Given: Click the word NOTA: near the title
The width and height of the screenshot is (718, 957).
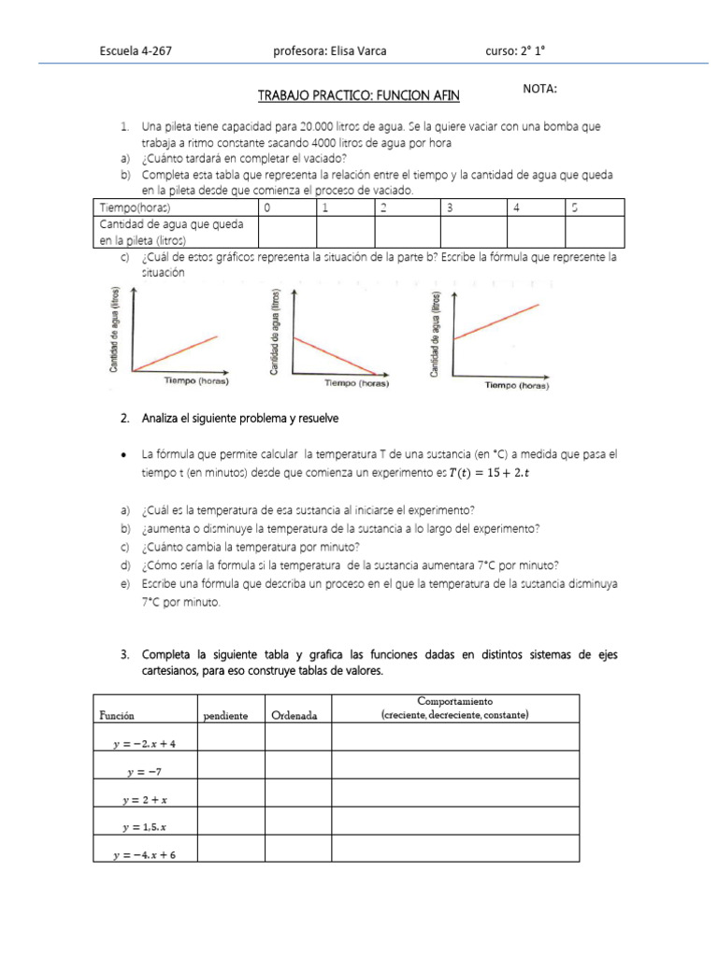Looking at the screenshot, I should point(540,89).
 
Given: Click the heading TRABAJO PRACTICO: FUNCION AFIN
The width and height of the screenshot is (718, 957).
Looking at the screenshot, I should point(359,95).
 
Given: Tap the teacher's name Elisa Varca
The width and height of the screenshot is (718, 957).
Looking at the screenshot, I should point(329,52).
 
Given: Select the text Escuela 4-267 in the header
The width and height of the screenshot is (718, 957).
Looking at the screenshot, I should point(135,52).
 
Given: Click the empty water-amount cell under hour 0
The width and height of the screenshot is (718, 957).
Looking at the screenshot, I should point(286,232).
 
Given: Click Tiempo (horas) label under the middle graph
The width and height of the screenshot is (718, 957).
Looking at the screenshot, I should point(356,383).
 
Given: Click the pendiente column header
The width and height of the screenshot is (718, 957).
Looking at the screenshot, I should point(225,716).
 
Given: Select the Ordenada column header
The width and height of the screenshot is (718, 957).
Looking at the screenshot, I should point(294,716).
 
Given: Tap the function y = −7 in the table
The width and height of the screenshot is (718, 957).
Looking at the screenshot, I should point(145,772).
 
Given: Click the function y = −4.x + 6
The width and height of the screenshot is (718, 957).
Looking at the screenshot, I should point(145,854).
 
